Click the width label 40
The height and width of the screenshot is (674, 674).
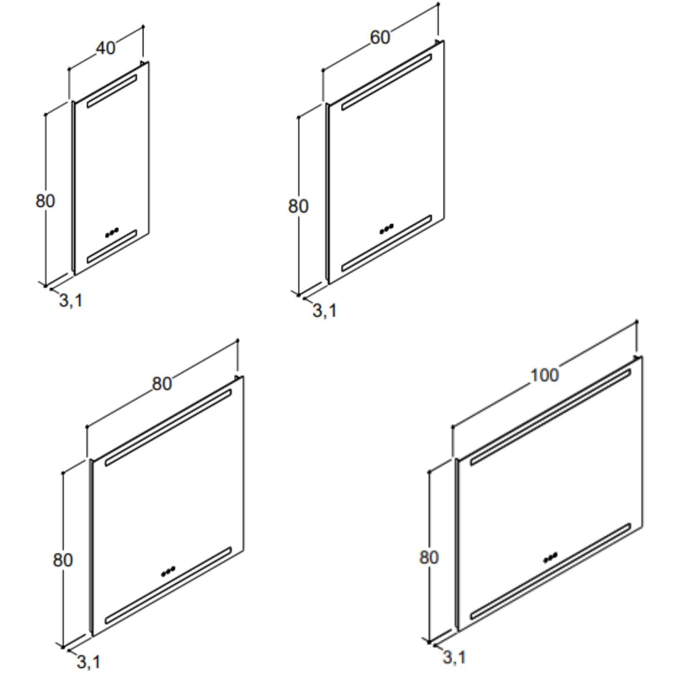106,48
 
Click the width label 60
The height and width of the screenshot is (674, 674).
380,37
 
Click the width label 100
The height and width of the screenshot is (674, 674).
544,375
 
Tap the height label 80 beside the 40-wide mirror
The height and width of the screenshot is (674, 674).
45,201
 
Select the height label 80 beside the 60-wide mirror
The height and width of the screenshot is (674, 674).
298,206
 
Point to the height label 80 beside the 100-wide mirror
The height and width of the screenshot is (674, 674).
429,558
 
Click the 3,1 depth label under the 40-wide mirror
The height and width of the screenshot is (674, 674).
71,300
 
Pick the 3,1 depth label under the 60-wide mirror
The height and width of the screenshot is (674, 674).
324,310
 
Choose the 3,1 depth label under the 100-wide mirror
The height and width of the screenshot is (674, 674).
454,657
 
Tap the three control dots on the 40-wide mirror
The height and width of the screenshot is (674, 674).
111,233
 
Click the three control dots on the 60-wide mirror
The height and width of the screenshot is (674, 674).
386,229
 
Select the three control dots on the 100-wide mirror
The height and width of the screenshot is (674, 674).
550,557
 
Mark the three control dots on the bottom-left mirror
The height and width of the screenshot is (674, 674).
168,571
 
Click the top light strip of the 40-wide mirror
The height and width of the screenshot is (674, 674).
112,91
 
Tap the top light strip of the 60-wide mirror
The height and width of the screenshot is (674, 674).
386,82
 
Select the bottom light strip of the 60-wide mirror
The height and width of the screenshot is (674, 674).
386,243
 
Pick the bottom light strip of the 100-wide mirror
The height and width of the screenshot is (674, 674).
551,572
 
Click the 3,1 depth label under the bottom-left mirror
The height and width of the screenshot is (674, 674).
89,661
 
